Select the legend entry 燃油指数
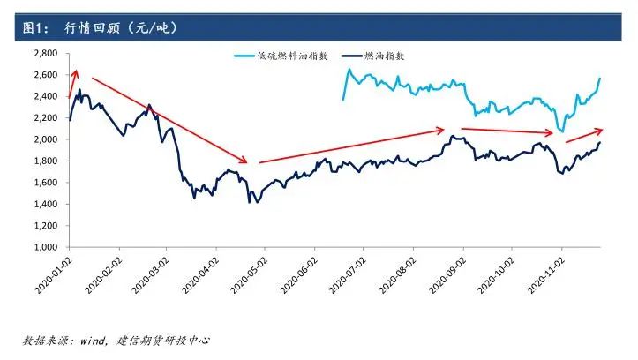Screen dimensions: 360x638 [386, 56]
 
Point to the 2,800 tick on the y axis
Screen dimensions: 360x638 [43, 54]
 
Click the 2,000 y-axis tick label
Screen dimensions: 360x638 [43, 139]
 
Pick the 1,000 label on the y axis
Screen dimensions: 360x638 [43, 247]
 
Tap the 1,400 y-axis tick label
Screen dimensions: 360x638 [43, 204]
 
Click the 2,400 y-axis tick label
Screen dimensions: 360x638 [43, 97]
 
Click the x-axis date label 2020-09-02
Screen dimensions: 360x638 [447, 275]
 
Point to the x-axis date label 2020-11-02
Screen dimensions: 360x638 [546, 275]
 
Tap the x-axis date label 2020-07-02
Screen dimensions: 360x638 [349, 275]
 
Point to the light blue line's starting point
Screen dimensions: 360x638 [343, 99]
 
